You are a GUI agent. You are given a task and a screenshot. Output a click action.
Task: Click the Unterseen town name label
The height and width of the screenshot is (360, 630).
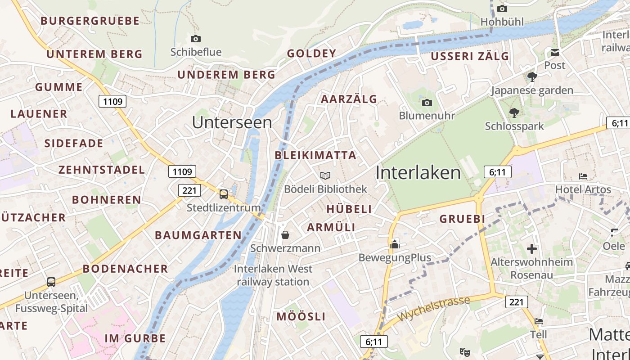232,122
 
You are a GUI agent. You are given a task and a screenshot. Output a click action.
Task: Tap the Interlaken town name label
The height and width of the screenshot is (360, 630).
418,173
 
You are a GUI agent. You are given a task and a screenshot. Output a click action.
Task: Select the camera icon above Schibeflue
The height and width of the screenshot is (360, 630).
196,39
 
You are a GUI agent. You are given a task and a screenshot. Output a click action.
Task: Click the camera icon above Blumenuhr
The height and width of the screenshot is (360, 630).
427,103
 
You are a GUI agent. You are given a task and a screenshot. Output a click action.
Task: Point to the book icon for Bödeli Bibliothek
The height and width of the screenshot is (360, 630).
325,175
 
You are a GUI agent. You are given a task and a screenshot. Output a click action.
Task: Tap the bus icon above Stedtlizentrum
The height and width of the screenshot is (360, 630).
224,194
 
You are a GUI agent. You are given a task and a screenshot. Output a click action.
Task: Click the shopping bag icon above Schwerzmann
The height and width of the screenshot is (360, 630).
285,235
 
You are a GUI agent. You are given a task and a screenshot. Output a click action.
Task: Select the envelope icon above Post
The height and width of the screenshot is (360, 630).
554,53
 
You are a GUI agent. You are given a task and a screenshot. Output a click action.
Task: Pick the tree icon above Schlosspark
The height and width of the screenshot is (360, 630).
514,113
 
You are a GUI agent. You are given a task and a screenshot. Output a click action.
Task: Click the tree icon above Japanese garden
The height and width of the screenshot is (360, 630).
532,77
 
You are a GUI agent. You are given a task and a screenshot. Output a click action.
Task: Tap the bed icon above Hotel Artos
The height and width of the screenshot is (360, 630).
583,176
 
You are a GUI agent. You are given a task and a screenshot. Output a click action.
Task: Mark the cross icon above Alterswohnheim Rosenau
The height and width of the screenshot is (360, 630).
532,248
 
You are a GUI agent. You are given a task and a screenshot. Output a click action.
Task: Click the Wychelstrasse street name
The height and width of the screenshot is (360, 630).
433,308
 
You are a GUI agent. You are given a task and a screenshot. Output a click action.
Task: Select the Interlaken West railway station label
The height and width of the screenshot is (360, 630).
273,275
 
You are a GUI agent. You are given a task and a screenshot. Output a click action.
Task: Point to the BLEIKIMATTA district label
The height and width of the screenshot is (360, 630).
315,156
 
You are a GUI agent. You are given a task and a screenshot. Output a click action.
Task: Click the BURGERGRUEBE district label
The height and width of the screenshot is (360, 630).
90,21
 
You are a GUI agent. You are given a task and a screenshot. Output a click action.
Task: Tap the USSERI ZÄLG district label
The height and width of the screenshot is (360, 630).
470,56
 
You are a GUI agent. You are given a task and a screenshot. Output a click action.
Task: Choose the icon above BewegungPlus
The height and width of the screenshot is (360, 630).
395,244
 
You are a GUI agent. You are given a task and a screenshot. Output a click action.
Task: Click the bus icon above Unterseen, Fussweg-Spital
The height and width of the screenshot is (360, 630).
51,282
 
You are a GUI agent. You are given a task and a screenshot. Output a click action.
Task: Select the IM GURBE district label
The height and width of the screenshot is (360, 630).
135,338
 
